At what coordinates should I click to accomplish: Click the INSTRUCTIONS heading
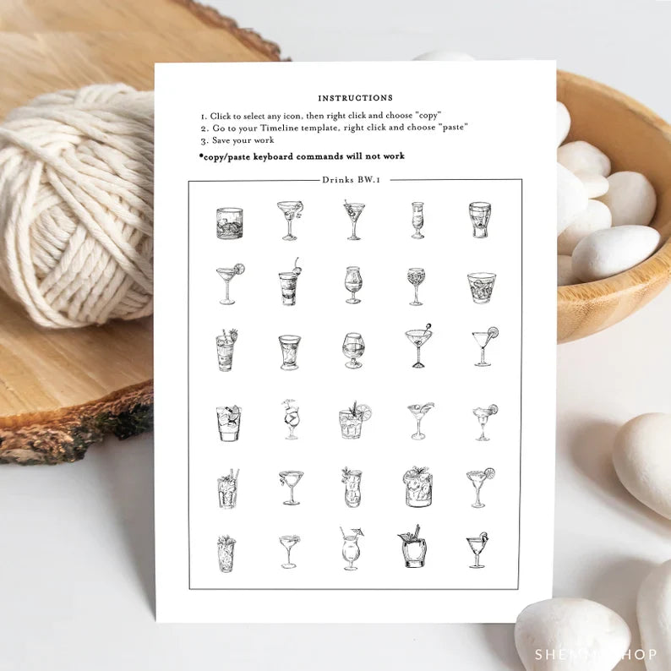point(355,98)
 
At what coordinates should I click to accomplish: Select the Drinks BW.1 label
point(352,180)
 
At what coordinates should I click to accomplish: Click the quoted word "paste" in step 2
point(454,127)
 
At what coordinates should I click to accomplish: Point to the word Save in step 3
point(221,140)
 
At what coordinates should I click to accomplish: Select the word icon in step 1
point(292,116)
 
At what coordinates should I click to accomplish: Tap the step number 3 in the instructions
point(205,141)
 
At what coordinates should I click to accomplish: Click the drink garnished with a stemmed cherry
point(289,281)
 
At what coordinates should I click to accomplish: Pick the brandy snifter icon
point(353,351)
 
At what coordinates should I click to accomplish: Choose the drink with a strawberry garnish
point(226,350)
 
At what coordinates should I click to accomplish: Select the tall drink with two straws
point(228,488)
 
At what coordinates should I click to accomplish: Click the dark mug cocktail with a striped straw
point(413,547)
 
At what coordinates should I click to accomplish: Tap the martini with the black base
point(418,346)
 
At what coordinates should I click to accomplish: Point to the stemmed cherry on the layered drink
point(296,265)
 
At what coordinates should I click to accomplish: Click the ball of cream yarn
point(77,205)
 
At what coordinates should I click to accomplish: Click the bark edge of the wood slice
point(77,432)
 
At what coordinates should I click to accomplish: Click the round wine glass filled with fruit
point(416,286)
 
